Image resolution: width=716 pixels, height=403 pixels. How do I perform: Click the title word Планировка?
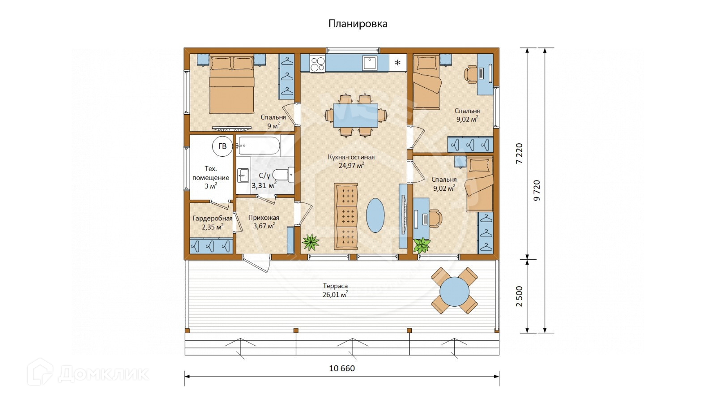pyautogui.click(x=358, y=24)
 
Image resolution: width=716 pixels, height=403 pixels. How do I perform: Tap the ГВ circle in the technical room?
pyautogui.click(x=222, y=146)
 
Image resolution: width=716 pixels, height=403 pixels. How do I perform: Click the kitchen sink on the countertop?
pyautogui.click(x=370, y=63)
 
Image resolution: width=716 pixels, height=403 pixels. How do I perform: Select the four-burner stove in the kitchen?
pyautogui.click(x=317, y=63)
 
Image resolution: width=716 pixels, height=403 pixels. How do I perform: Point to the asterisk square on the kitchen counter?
pyautogui.click(x=398, y=63)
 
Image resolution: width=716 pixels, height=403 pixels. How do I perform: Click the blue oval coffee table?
pyautogui.click(x=375, y=215)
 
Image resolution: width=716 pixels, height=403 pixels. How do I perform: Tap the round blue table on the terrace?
pyautogui.click(x=454, y=292)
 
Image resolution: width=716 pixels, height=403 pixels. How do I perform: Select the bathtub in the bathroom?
pyautogui.click(x=258, y=146)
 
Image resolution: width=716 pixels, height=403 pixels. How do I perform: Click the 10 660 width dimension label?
pyautogui.click(x=342, y=369)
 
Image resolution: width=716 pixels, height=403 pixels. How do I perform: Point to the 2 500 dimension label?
pyautogui.click(x=520, y=296)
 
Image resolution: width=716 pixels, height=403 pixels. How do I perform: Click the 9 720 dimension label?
pyautogui.click(x=537, y=190)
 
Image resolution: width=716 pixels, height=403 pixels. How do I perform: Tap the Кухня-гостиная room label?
pyautogui.click(x=351, y=157)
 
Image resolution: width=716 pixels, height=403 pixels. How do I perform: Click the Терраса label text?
pyautogui.click(x=335, y=286)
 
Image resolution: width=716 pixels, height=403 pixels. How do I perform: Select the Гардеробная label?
pyautogui.click(x=212, y=219)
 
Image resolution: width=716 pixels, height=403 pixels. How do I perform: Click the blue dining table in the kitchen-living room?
pyautogui.click(x=355, y=116)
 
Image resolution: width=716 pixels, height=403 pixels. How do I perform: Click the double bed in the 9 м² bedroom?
pyautogui.click(x=232, y=85)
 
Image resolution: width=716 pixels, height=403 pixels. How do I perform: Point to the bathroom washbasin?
pyautogui.click(x=243, y=176)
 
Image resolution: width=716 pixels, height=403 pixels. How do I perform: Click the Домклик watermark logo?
pyautogui.click(x=88, y=373)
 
